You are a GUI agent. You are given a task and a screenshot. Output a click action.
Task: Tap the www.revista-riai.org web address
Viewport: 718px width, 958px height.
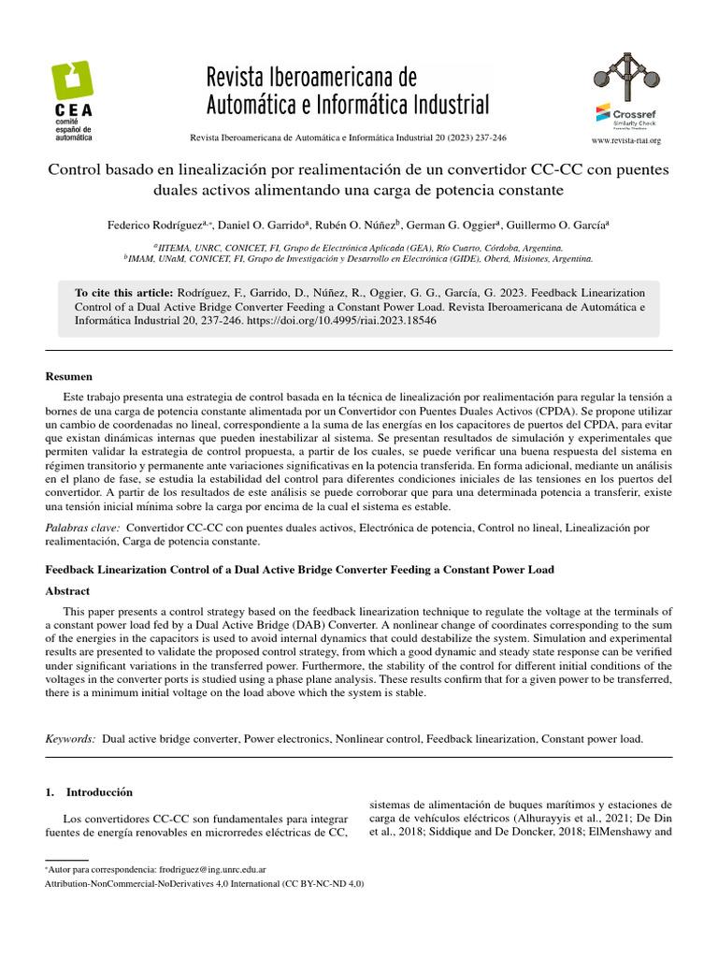(x=626, y=141)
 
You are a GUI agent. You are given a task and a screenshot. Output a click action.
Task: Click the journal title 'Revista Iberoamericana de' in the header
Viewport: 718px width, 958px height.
(x=310, y=76)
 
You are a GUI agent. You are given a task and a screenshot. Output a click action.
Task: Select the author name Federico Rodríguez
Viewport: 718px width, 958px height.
(x=153, y=225)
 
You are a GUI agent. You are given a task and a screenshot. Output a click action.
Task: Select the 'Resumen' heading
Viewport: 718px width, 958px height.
(x=69, y=376)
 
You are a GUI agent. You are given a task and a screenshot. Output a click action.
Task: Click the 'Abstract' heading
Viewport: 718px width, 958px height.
(x=67, y=590)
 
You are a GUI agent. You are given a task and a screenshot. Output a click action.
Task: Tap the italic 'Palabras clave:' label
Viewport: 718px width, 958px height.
(x=82, y=528)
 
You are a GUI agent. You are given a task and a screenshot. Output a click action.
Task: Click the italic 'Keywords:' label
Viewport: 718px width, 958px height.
(x=71, y=738)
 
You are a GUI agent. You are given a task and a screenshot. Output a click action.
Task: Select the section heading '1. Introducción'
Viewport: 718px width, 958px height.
(x=90, y=791)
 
